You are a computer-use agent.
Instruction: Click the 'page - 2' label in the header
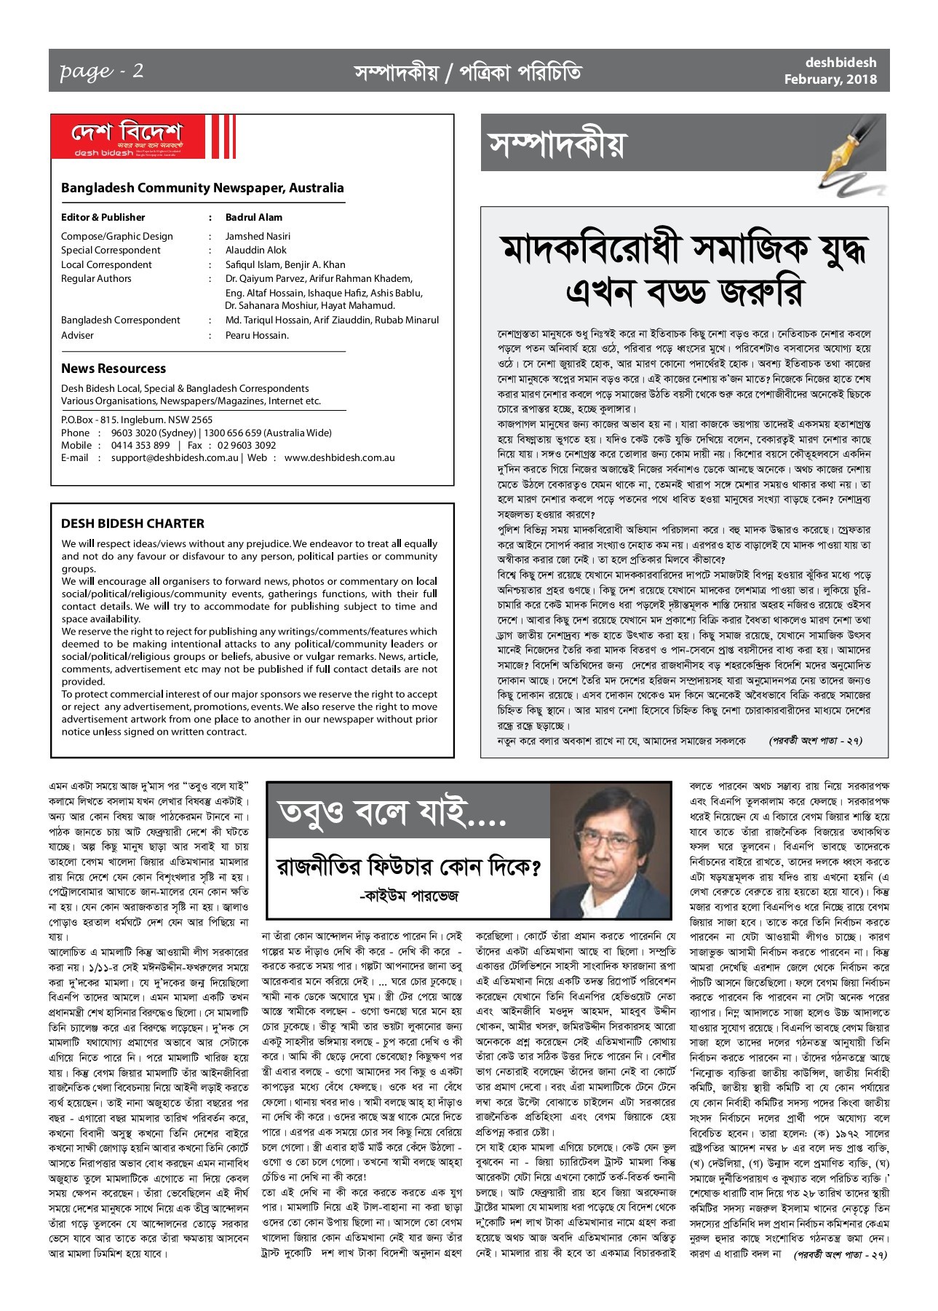pyautogui.click(x=101, y=71)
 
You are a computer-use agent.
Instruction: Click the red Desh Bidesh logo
pyautogui.click(x=127, y=138)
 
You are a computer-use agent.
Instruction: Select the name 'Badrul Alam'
pyautogui.click(x=253, y=217)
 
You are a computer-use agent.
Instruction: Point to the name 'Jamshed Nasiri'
pyautogui.click(x=258, y=236)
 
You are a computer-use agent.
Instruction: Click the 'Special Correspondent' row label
pyautogui.click(x=111, y=250)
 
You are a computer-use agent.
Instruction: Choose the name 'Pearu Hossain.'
pyautogui.click(x=257, y=335)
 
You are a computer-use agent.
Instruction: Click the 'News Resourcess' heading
pyautogui.click(x=114, y=369)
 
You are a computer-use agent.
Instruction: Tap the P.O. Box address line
pyautogui.click(x=137, y=420)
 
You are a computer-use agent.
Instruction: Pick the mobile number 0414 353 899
pyautogui.click(x=140, y=445)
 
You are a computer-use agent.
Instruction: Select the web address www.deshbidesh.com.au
pyautogui.click(x=339, y=457)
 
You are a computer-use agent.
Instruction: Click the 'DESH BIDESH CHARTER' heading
pyautogui.click(x=132, y=523)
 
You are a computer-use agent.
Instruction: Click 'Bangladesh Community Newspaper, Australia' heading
pyautogui.click(x=202, y=188)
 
